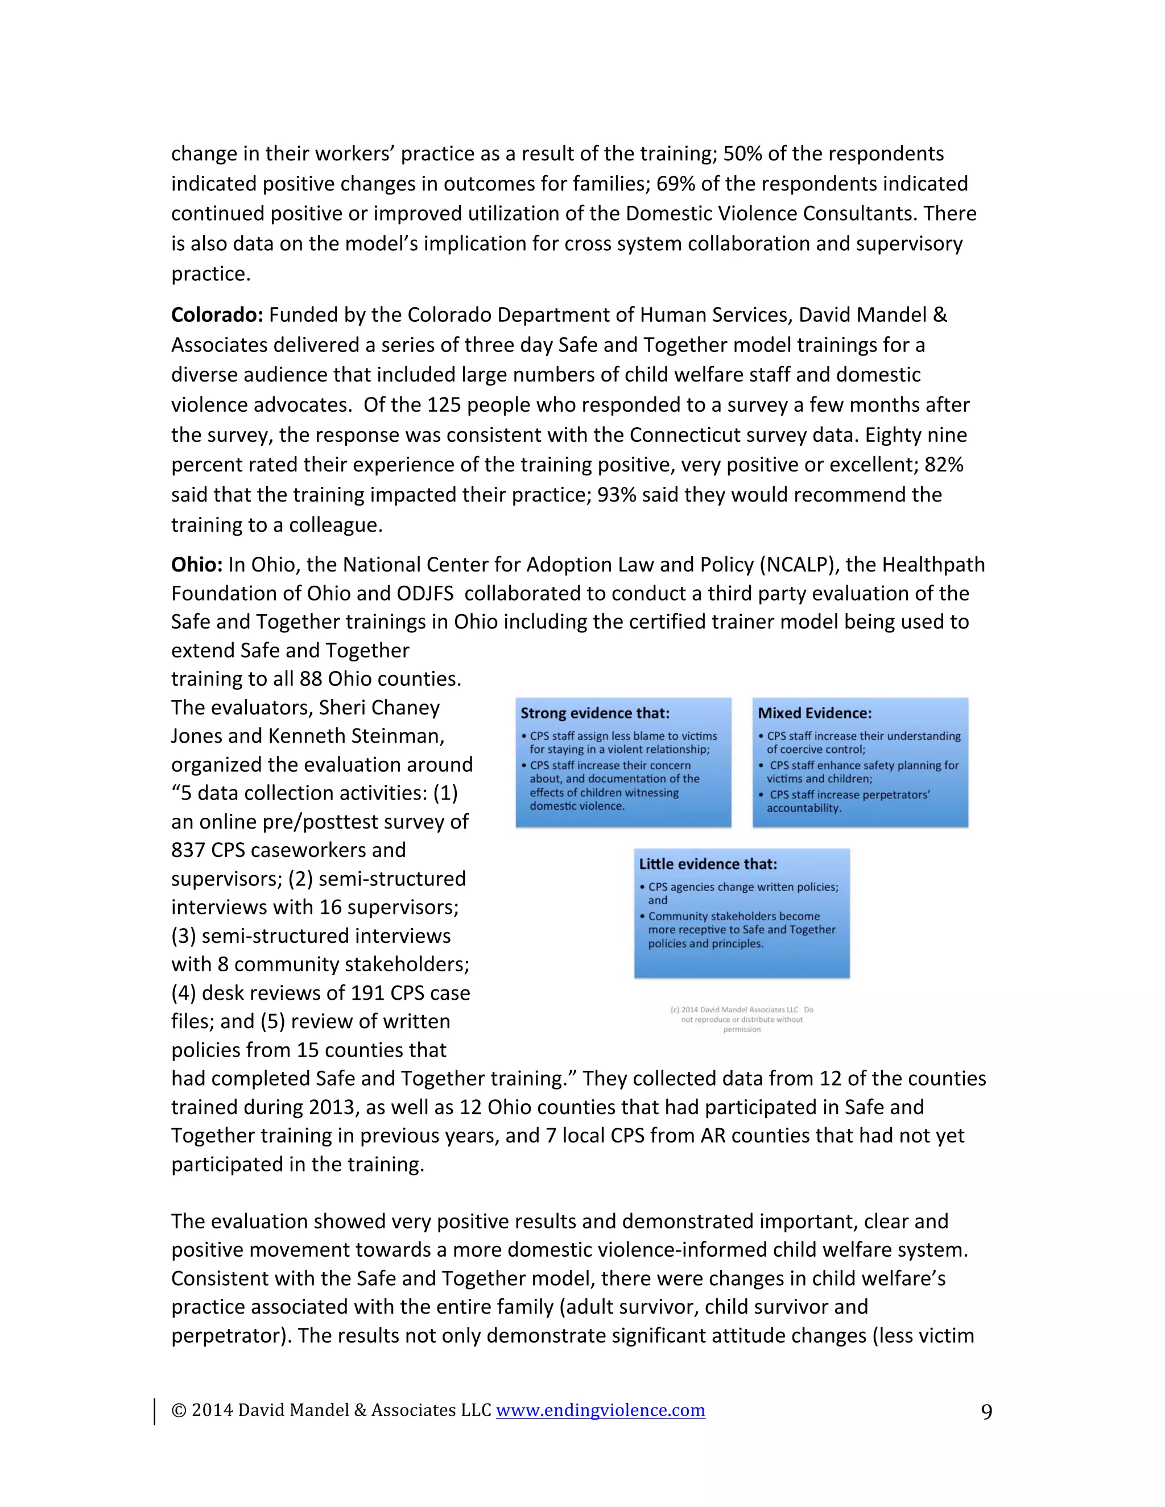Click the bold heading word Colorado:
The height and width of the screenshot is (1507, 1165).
(x=217, y=316)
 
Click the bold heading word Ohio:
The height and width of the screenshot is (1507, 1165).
(x=196, y=565)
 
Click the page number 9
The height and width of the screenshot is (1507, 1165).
(x=986, y=1412)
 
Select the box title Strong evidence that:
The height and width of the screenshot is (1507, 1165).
(x=594, y=714)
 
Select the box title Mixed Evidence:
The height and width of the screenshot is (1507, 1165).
(x=815, y=714)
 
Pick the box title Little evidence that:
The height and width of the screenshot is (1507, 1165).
(x=708, y=864)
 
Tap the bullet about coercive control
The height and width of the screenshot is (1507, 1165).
(x=863, y=743)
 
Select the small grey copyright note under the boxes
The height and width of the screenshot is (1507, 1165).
(x=741, y=1019)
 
